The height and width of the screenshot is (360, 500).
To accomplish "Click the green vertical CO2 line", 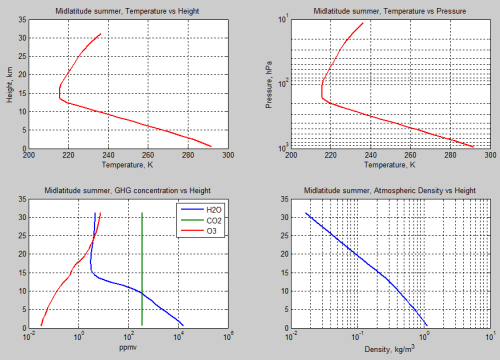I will [x=143, y=270].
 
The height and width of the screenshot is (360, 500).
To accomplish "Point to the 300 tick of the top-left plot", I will [x=228, y=155].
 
